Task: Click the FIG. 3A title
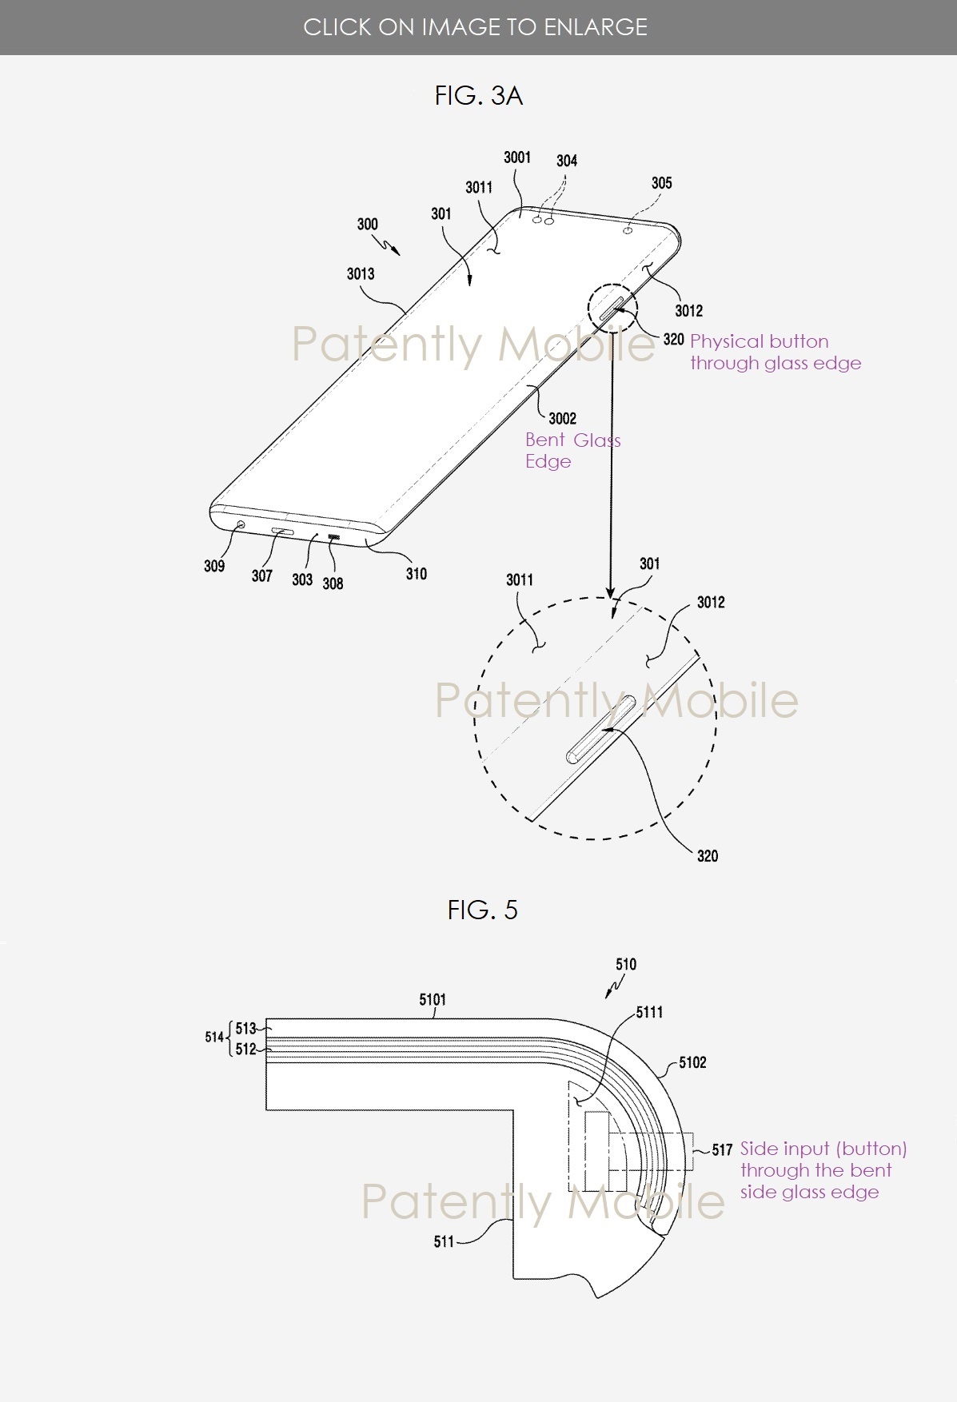pos(478,96)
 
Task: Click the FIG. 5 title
pos(482,910)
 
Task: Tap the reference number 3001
pos(516,157)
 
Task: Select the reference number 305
pos(661,183)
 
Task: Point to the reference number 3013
pos(361,274)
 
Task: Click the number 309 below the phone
pos(214,566)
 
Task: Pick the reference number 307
pos(261,576)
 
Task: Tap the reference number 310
pos(416,573)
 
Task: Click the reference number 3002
pos(562,418)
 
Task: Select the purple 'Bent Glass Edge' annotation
pos(572,451)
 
